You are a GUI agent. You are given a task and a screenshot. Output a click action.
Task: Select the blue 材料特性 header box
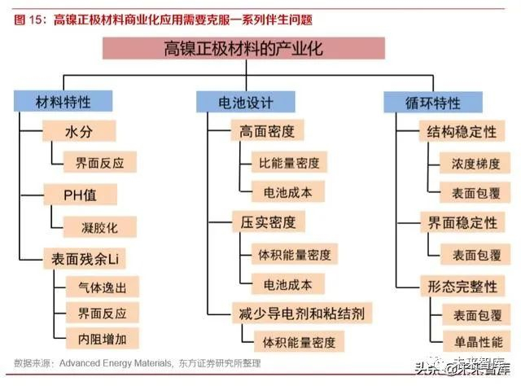pyautogui.click(x=63, y=103)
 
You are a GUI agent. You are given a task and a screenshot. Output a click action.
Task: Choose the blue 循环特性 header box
pyautogui.click(x=432, y=103)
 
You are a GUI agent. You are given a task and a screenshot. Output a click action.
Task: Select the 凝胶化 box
pyautogui.click(x=94, y=226)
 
